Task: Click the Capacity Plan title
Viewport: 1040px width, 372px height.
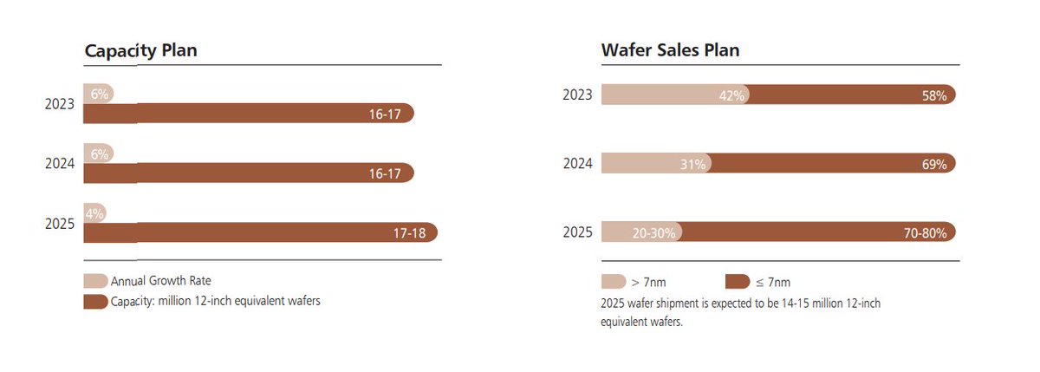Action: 140,49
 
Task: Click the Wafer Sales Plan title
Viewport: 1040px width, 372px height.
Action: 670,49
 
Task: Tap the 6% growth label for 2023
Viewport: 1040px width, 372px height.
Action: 99,94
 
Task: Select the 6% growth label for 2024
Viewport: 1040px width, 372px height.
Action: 99,153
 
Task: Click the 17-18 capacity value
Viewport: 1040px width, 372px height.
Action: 409,232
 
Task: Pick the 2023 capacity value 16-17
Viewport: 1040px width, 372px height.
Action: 384,114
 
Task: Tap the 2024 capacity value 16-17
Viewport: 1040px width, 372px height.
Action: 384,173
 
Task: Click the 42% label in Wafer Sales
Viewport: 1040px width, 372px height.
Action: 731,95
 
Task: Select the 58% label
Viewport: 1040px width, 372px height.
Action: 934,95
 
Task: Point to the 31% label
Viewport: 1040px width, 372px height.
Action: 694,164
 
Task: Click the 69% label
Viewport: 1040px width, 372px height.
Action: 934,164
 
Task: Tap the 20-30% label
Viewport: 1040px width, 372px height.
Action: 654,232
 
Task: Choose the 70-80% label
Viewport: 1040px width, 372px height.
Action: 925,232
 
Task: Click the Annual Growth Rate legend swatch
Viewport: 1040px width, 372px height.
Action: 95,281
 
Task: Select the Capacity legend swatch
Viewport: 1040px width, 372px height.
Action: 95,302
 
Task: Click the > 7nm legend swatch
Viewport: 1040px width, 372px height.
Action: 613,281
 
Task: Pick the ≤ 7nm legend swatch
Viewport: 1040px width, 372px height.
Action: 737,281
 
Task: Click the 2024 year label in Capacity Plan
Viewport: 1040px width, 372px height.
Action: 61,163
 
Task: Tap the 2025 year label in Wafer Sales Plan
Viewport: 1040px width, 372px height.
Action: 577,232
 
